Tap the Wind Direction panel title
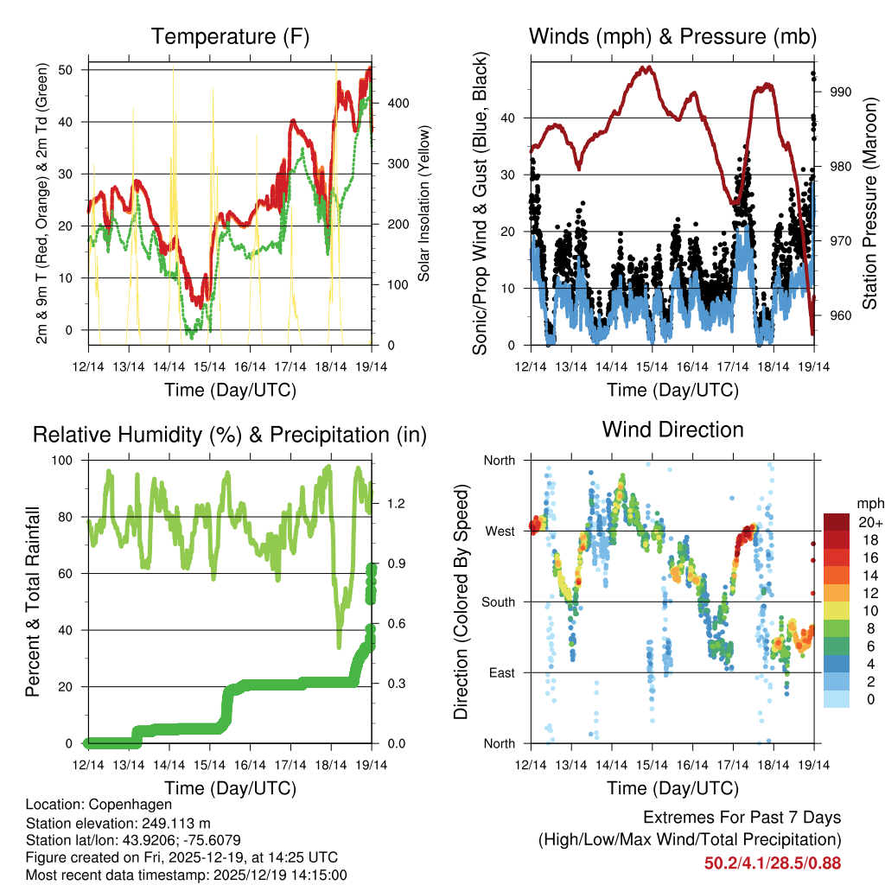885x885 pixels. tap(672, 429)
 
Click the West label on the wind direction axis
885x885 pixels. tap(500, 531)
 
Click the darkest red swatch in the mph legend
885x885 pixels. tap(836, 523)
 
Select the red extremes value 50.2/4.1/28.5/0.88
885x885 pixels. tap(773, 863)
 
